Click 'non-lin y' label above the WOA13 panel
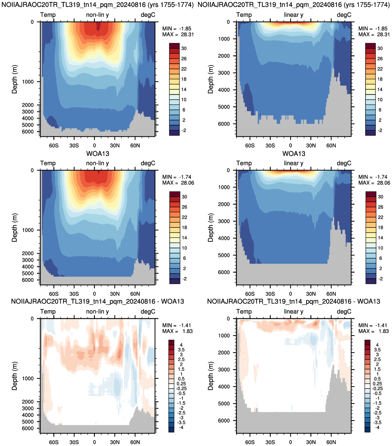(97, 163)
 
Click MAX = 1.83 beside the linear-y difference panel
(373, 331)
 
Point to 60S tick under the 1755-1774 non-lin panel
(54, 145)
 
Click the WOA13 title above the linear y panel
(294, 153)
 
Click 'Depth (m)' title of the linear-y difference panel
(211, 376)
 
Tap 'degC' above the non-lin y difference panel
(148, 312)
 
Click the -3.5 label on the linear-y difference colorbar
(377, 422)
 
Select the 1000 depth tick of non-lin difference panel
(28, 378)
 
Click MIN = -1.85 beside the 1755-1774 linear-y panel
(373, 29)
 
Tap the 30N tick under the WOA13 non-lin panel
(115, 294)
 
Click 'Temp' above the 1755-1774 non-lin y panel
(48, 15)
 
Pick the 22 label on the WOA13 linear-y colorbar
(380, 217)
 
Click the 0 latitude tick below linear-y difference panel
(291, 442)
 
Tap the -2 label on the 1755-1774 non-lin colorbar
(184, 130)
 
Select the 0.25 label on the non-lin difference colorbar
(181, 383)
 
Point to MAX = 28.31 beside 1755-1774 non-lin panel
(178, 34)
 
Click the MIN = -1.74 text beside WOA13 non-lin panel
(177, 177)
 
